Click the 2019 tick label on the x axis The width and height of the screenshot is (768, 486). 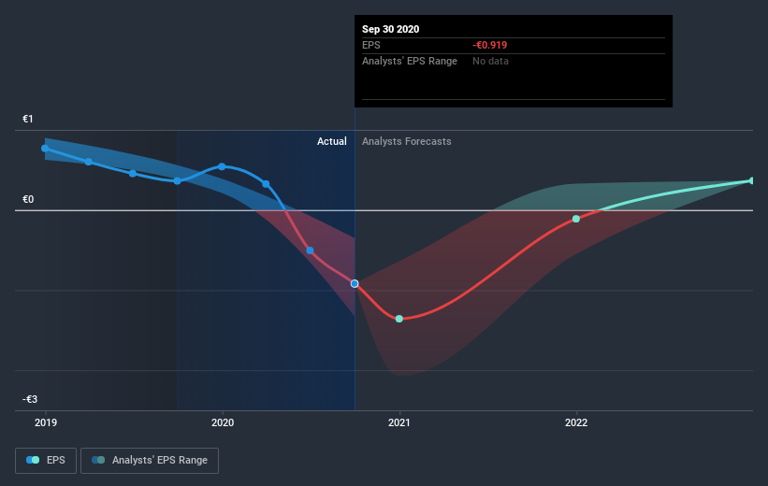[x=45, y=422]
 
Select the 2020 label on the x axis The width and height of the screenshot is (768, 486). [x=223, y=422]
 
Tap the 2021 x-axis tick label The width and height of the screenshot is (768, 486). [x=399, y=422]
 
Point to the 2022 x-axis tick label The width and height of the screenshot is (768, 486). [x=576, y=422]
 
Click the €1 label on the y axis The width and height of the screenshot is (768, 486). [x=28, y=119]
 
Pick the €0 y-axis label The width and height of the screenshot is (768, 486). [x=28, y=199]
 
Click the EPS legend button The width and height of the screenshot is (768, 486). [x=46, y=460]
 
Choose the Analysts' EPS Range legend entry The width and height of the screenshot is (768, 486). [x=150, y=460]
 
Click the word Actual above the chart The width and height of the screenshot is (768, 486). [x=331, y=141]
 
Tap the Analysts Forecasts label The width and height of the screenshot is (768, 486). [x=407, y=141]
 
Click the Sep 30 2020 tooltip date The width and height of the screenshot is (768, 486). [x=391, y=29]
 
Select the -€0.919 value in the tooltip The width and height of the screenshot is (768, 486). [x=491, y=45]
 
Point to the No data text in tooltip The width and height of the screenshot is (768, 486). [x=491, y=61]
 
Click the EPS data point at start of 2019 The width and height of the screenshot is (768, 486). [x=45, y=148]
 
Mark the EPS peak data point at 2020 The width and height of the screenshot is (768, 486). [x=222, y=166]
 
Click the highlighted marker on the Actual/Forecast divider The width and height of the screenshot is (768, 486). [x=355, y=283]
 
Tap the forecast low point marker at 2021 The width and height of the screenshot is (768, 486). [x=399, y=319]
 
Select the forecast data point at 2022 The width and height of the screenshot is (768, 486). [x=576, y=219]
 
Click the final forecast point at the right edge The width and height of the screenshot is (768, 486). [x=752, y=180]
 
